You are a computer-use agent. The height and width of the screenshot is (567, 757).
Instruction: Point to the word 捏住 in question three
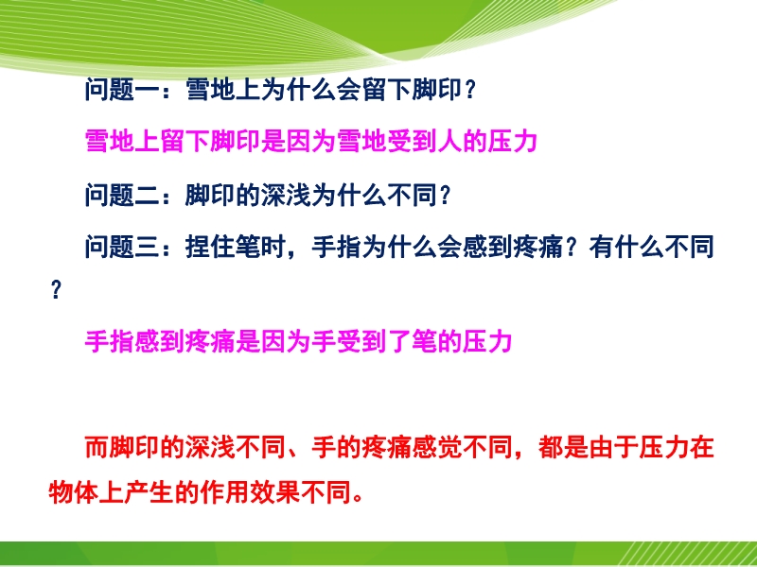(x=210, y=247)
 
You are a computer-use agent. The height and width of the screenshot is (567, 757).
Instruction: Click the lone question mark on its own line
(x=57, y=291)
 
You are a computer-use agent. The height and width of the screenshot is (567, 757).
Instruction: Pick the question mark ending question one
(x=470, y=91)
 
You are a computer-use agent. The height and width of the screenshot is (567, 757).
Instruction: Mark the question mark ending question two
(x=446, y=196)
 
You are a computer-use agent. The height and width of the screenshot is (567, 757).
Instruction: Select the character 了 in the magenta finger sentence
(x=399, y=342)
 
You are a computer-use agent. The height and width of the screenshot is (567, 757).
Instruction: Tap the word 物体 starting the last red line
(x=73, y=492)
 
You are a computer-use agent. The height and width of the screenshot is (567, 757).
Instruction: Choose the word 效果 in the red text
(x=273, y=492)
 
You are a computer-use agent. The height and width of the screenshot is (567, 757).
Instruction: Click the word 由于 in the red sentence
(x=613, y=447)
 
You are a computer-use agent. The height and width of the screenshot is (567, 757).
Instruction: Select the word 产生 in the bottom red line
(x=149, y=492)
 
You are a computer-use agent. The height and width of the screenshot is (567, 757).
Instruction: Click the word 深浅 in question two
(x=286, y=196)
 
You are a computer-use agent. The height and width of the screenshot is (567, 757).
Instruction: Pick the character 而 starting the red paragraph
(x=97, y=447)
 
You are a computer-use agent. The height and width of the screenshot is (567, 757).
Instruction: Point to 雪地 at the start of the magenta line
(x=110, y=142)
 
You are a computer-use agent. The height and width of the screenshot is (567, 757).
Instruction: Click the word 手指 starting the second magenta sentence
(x=110, y=342)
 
